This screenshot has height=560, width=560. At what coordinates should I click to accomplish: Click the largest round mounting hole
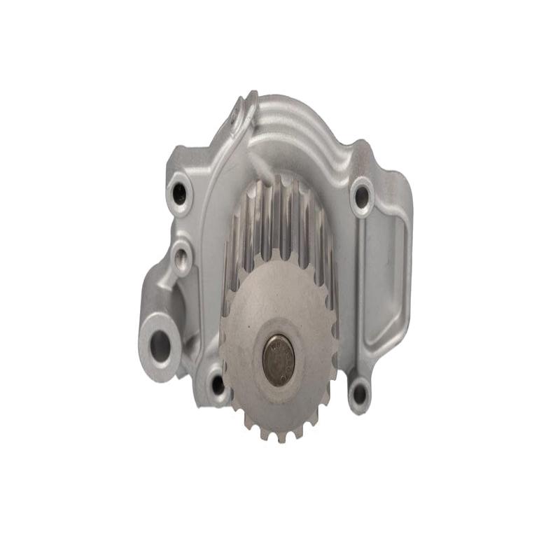[160, 346]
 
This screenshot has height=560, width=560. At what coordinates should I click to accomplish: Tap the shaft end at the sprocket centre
[278, 360]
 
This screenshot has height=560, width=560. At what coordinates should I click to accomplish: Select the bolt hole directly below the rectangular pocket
[360, 394]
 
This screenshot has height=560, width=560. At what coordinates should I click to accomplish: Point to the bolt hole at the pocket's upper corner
[362, 196]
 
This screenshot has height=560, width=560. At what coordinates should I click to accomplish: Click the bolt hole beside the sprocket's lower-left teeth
[218, 384]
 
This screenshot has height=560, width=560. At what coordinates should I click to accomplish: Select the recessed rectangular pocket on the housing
[385, 280]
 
